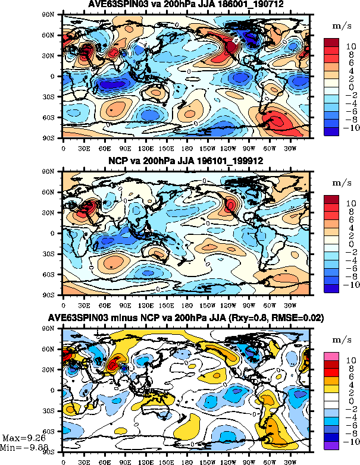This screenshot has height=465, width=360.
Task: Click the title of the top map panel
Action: pyautogui.click(x=186, y=5)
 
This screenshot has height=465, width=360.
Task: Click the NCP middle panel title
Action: pyautogui.click(x=186, y=161)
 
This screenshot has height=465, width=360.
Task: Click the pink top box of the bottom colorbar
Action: pyautogui.click(x=331, y=356)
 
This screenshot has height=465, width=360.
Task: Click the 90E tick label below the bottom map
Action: pyautogui.click(x=126, y=459)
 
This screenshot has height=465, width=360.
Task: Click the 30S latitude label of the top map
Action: pyautogui.click(x=54, y=96)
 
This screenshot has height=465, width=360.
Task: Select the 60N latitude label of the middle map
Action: pyautogui.click(x=54, y=193)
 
